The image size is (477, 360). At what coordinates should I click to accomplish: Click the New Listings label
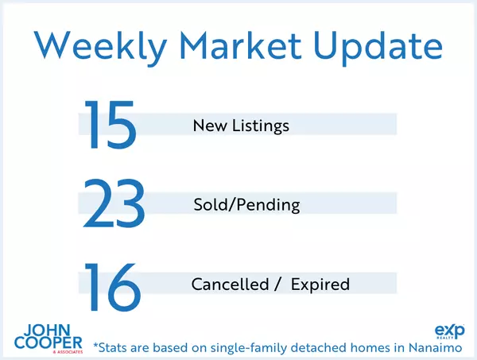pos(241,126)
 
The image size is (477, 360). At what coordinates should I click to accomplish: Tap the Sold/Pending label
pos(246,205)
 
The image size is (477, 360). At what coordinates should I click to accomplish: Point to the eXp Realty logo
pos(452,331)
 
